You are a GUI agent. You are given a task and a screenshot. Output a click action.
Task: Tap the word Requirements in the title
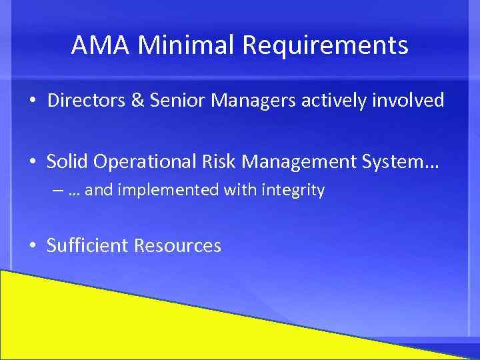(325, 45)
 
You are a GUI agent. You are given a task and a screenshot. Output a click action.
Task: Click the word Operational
(143, 161)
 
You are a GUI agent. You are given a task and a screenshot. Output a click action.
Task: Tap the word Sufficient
(87, 245)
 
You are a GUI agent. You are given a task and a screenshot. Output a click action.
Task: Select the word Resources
(177, 245)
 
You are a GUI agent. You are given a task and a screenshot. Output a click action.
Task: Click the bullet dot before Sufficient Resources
(32, 246)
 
